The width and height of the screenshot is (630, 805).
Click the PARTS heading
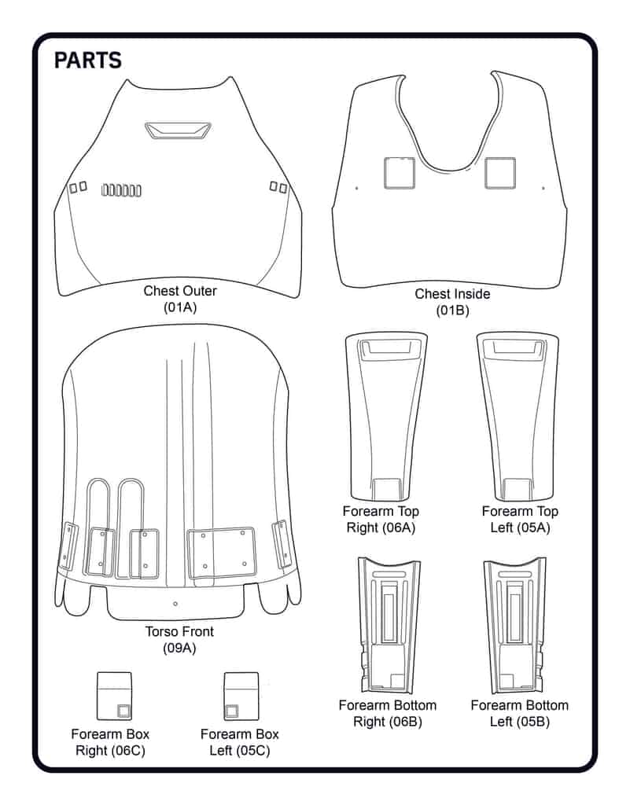[x=88, y=60]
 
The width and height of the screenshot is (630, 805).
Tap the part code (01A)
[x=180, y=307]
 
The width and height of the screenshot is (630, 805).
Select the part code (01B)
[x=452, y=311]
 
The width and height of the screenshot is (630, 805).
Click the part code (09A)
[x=179, y=649]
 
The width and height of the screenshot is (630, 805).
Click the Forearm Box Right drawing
[x=115, y=697]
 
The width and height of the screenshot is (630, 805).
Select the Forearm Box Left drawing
[x=241, y=697]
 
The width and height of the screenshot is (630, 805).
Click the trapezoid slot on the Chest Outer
[x=178, y=130]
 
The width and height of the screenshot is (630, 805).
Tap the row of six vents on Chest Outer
[x=121, y=190]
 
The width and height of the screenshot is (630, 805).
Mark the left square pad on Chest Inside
[x=400, y=173]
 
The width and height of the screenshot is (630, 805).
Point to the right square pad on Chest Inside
[x=500, y=173]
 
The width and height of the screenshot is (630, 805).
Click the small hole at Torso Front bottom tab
[x=175, y=604]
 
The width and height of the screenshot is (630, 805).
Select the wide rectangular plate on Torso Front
[x=221, y=553]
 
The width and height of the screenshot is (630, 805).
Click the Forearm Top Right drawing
[x=386, y=417]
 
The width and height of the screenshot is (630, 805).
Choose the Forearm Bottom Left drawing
[x=515, y=625]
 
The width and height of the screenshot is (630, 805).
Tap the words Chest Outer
[x=180, y=291]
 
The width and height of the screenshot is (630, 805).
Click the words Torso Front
[x=179, y=631]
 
